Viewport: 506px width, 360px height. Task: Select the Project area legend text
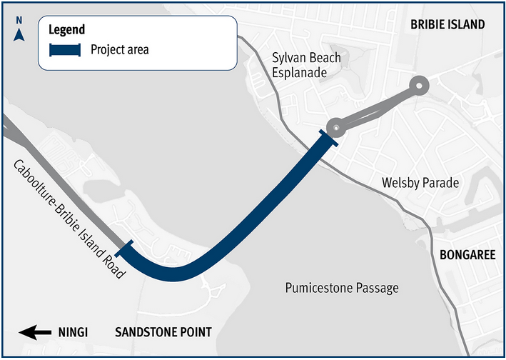click(x=120, y=50)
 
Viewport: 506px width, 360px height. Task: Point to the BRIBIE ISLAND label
click(x=447, y=25)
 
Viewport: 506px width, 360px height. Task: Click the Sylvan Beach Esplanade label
click(x=307, y=65)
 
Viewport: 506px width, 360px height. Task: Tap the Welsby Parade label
click(x=420, y=184)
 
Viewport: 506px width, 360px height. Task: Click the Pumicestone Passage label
click(x=342, y=288)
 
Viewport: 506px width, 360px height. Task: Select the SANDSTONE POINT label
click(x=163, y=332)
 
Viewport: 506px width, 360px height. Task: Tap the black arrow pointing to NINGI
click(x=35, y=332)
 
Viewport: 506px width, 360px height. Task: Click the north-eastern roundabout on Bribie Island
click(x=418, y=86)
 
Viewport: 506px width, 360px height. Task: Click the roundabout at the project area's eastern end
click(x=336, y=127)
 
